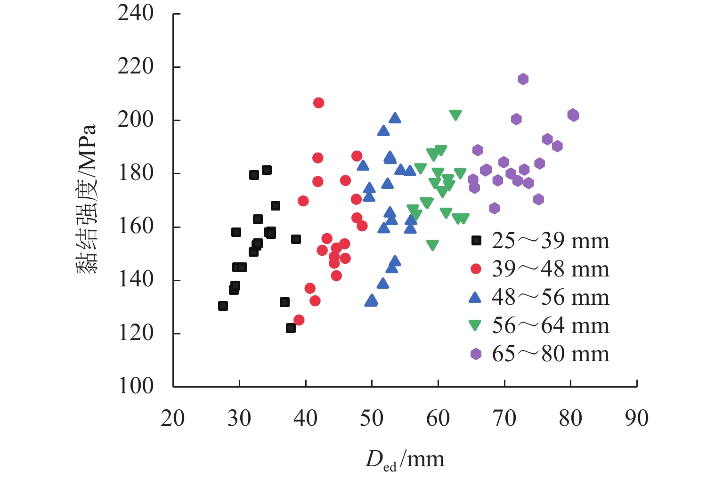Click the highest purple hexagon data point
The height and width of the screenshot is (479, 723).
click(523, 79)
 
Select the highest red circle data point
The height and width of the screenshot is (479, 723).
click(318, 103)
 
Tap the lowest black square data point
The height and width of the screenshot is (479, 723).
click(291, 328)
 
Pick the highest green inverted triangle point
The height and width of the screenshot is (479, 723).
click(455, 115)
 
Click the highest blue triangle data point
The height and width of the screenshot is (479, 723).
click(395, 118)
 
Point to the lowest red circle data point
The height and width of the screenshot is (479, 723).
click(299, 320)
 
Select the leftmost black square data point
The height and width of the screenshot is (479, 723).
click(223, 306)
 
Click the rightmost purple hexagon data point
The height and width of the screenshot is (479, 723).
click(573, 115)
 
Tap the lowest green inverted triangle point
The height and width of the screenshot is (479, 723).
click(432, 245)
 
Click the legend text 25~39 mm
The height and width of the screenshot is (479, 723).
click(550, 241)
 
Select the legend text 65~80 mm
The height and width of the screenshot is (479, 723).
click(550, 354)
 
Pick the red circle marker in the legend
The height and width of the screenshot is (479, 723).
click(476, 269)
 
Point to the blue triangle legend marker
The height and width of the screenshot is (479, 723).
click(476, 297)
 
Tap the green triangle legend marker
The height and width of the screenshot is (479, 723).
click(476, 325)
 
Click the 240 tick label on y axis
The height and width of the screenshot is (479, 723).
click(136, 13)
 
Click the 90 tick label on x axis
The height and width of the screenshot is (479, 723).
click(636, 418)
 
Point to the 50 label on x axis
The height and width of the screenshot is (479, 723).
click(372, 418)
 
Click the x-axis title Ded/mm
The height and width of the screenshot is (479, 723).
click(405, 459)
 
